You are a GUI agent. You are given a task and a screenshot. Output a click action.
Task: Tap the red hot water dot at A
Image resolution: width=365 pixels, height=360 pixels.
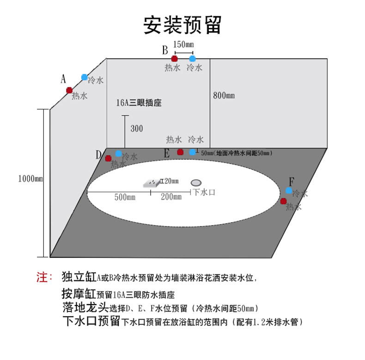(x=69, y=90)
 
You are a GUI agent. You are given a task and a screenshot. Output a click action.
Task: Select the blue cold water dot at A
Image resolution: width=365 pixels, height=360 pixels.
(x=84, y=77)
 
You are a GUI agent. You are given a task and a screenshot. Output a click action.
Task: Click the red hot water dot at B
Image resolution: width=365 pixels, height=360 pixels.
(x=174, y=59)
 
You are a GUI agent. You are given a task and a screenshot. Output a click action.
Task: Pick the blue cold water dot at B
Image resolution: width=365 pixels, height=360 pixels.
(x=192, y=59)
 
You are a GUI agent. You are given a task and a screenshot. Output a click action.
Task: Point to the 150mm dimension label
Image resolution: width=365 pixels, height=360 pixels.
(x=183, y=44)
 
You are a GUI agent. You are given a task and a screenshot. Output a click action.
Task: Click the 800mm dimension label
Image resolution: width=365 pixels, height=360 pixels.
(x=224, y=96)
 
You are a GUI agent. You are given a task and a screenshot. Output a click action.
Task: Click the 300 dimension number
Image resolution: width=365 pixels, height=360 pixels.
(x=136, y=128)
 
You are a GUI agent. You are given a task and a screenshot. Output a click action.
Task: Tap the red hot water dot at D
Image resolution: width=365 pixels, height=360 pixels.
(x=108, y=159)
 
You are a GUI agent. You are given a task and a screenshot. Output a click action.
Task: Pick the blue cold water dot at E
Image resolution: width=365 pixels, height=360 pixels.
(x=192, y=152)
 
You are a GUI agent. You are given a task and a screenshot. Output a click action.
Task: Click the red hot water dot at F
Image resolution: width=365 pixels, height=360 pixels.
(x=283, y=201)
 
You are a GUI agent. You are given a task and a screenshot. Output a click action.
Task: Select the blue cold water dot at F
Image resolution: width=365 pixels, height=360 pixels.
(x=289, y=190)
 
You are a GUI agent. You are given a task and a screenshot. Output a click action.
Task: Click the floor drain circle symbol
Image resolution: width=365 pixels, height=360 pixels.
(x=197, y=183)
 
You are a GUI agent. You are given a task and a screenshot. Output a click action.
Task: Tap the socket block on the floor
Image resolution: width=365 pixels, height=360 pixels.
(x=152, y=183)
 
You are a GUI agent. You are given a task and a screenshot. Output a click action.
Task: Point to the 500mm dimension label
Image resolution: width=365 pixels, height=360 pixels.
(x=125, y=197)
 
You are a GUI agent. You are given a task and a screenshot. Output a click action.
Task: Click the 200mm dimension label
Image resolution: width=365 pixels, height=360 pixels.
(x=171, y=197)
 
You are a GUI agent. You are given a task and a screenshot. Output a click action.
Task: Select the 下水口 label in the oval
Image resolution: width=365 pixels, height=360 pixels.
(x=204, y=192)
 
